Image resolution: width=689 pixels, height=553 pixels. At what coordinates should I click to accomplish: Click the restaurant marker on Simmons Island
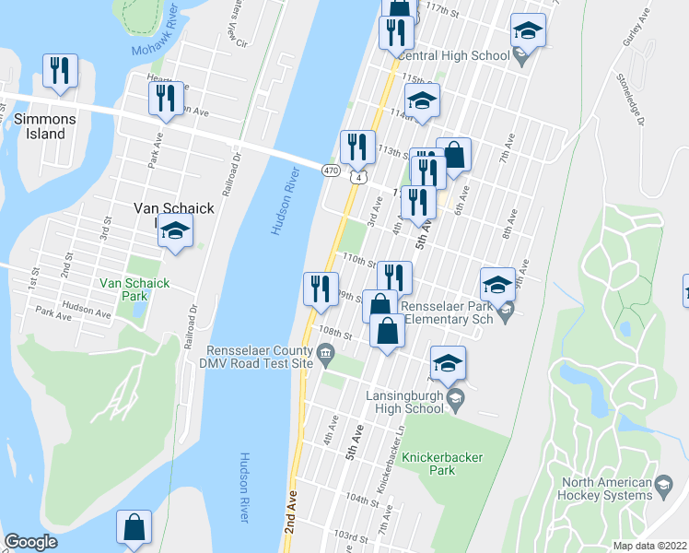[60, 72]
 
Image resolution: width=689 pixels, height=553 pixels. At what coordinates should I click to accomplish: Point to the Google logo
[30, 542]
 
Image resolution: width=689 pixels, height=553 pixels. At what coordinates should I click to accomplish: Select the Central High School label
[456, 55]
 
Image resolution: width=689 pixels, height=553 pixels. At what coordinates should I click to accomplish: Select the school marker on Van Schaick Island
[174, 232]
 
